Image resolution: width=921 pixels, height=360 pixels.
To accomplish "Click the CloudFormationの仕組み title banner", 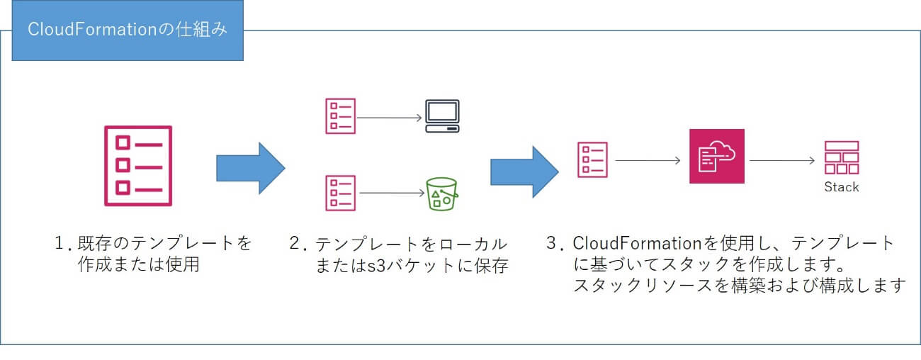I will click(128, 32).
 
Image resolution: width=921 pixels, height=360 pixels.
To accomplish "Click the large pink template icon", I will click(137, 165).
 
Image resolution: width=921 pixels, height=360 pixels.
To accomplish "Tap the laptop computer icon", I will click(442, 116).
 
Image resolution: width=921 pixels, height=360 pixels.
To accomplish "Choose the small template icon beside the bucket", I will click(340, 193).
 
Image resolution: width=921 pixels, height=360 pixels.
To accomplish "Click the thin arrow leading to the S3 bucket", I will click(392, 193).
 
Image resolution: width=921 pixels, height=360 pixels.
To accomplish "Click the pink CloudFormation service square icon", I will click(717, 156).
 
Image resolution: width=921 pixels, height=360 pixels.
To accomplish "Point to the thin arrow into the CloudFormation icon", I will click(648, 160).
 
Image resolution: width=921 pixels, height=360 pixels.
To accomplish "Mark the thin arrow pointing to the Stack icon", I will click(781, 160).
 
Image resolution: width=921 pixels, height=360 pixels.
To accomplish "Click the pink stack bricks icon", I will click(842, 157).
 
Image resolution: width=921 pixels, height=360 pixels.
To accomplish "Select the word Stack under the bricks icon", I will click(842, 187).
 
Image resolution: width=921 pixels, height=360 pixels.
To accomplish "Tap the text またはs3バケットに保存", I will click(412, 267).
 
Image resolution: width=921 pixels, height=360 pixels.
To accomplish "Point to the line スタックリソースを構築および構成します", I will click(740, 286).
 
